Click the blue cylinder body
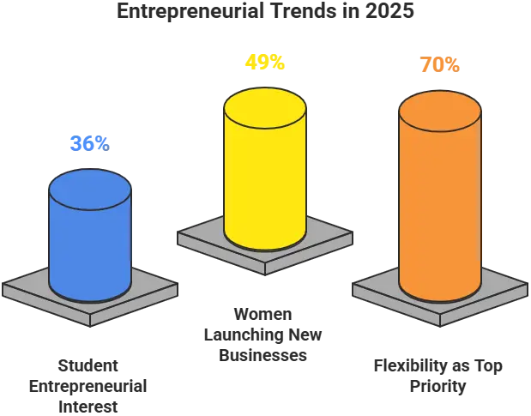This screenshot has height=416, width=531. pos(89,249)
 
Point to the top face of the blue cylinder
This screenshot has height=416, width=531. pos(89,186)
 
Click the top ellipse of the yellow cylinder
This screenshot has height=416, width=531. pos(264,103)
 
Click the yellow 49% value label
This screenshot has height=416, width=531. pos(264,63)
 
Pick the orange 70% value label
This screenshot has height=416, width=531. pos(439,64)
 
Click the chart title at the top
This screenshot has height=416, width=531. pos(265,12)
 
